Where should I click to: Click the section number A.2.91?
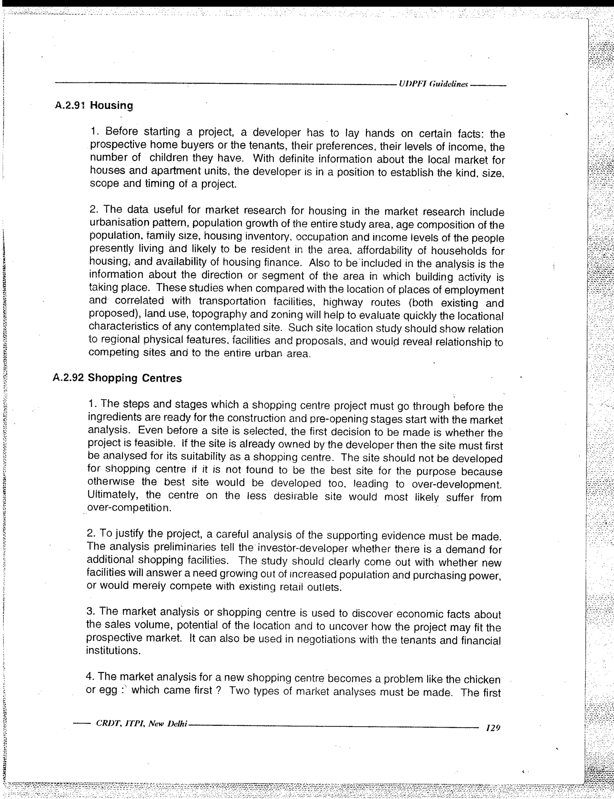click(x=70, y=106)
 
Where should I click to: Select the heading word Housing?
click(x=112, y=106)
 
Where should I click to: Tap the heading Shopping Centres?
click(x=135, y=378)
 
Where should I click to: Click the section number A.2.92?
click(x=68, y=378)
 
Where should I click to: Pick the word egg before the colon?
click(x=107, y=691)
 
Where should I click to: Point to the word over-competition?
click(x=129, y=508)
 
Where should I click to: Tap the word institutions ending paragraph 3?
click(x=113, y=651)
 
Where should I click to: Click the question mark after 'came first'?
click(x=218, y=690)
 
